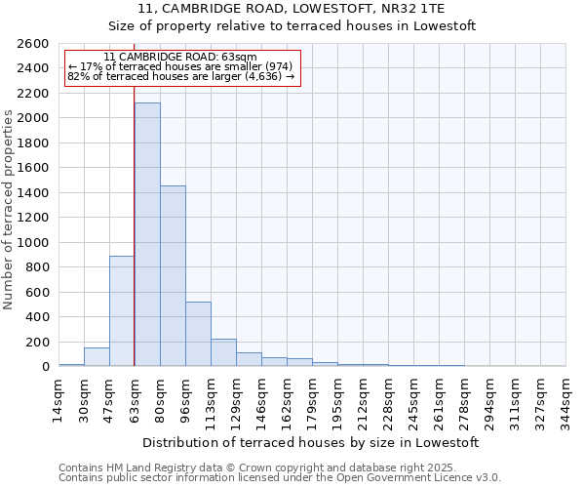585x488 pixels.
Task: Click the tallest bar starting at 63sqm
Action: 147,234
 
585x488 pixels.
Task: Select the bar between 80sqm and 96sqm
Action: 173,276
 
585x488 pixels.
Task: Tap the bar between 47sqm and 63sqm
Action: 122,310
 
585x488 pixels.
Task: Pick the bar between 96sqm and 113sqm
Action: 198,334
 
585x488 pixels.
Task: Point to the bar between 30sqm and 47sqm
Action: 97,356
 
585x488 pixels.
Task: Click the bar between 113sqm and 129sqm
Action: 223,352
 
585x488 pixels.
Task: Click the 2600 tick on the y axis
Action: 33,44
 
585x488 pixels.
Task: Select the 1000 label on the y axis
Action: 33,242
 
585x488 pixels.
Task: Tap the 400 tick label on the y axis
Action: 37,317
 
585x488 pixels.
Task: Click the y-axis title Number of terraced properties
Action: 10,210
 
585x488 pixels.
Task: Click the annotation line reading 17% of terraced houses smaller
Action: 179,67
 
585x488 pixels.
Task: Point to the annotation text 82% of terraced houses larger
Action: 181,77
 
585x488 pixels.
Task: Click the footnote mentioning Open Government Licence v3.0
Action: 280,477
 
